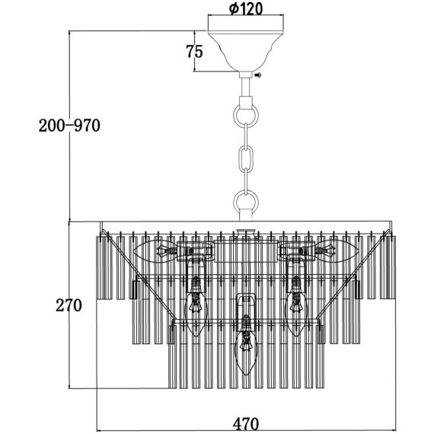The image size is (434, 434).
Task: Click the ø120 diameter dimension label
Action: click(x=245, y=9)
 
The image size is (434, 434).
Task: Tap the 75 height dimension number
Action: click(x=194, y=52)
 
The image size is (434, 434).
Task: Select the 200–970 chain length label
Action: click(x=69, y=126)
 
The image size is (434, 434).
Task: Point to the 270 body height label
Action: click(x=69, y=305)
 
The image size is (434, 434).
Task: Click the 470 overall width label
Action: click(x=246, y=424)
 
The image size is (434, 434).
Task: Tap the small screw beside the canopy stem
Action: click(x=258, y=75)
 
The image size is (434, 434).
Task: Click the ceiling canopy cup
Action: click(x=246, y=52)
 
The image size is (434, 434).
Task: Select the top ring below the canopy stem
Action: click(x=246, y=115)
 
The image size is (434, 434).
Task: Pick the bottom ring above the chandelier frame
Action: click(x=246, y=201)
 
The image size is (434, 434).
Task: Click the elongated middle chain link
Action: click(x=246, y=158)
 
